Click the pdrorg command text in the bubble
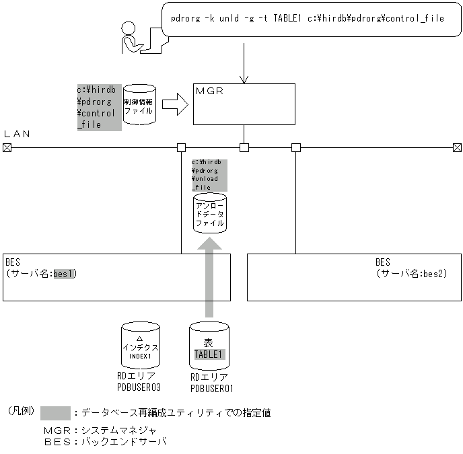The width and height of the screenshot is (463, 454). tap(308, 18)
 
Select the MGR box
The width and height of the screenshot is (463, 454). tap(244, 104)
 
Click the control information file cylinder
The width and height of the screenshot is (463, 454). tap(139, 104)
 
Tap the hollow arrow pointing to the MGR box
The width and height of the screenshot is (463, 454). tap(174, 104)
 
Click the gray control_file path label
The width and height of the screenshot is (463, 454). tap(99, 107)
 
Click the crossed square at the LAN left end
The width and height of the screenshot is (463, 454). tap(7, 147)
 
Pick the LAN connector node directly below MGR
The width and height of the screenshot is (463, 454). tap(244, 147)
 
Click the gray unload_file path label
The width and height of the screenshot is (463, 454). tap(209, 175)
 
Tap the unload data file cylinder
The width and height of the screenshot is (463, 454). tap(209, 214)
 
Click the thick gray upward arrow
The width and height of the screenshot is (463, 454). tap(209, 276)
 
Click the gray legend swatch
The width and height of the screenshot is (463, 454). tap(55, 412)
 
